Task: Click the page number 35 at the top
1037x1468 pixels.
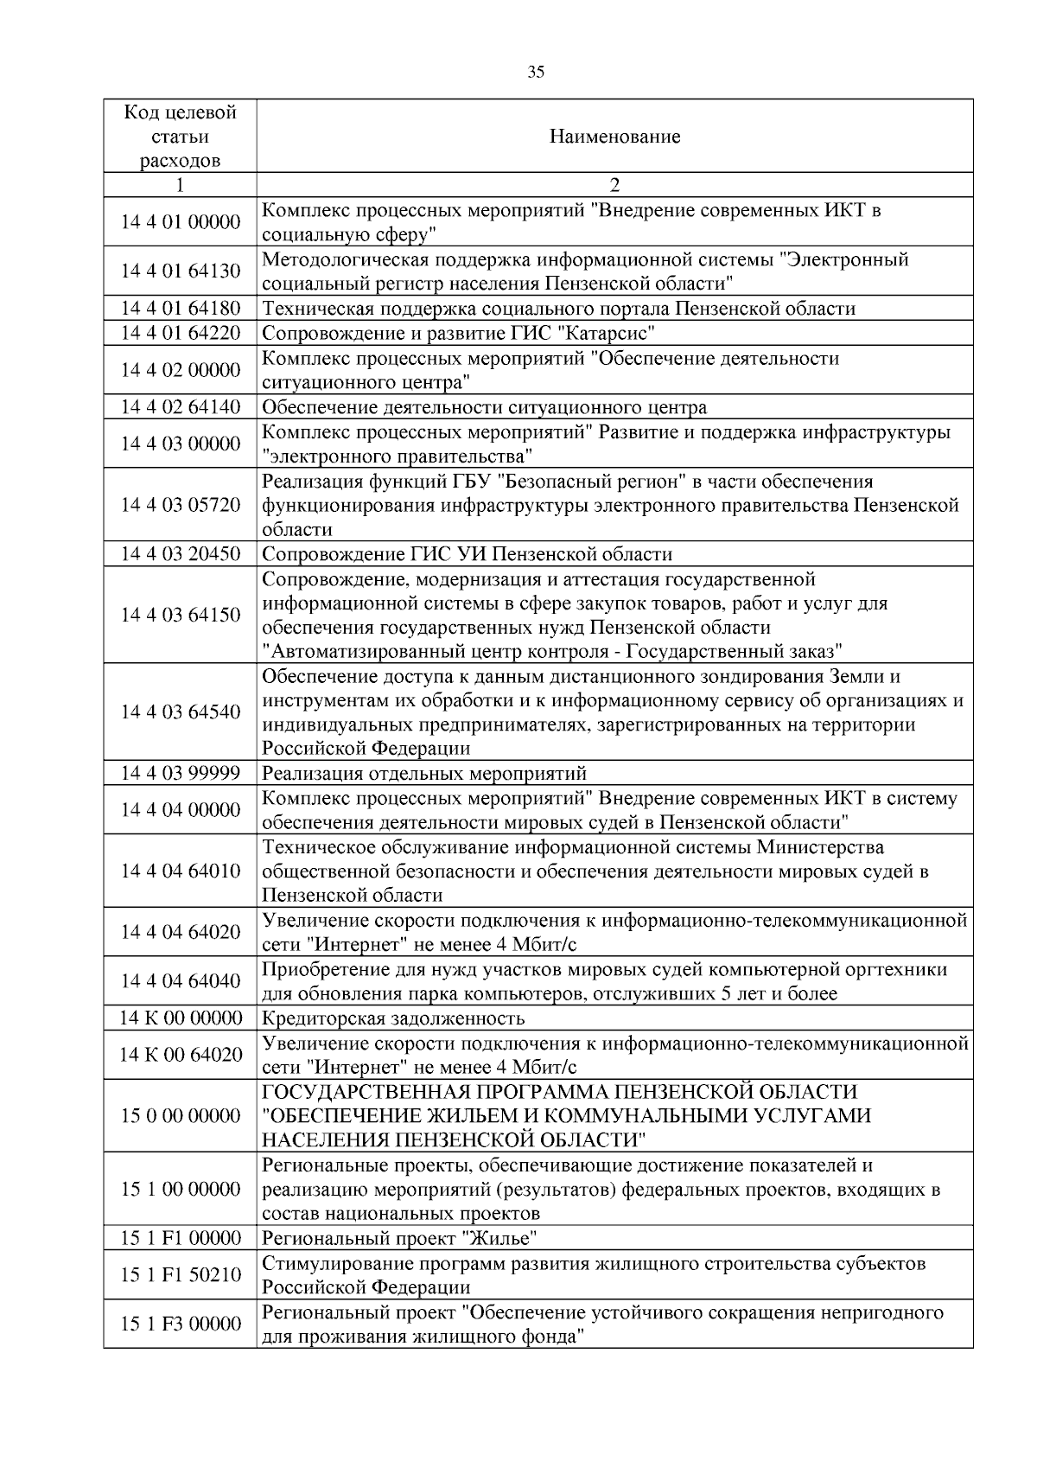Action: point(536,73)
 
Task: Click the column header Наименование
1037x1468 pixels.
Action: point(614,137)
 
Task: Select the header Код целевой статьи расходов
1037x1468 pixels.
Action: point(180,137)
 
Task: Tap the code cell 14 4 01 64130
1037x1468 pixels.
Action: point(180,271)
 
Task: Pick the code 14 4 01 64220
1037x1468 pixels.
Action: point(180,333)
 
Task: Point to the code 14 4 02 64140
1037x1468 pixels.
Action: point(180,407)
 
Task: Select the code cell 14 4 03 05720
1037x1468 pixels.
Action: point(180,505)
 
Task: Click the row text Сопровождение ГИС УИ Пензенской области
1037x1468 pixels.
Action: point(467,554)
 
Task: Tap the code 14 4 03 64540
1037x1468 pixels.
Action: point(180,712)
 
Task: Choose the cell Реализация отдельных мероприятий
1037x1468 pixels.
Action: point(424,774)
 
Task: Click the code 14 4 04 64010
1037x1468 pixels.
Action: point(180,871)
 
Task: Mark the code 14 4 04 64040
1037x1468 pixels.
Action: point(180,981)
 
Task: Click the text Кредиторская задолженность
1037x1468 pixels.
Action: point(393,1018)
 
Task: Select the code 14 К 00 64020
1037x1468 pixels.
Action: point(180,1055)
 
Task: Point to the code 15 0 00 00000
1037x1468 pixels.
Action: point(180,1116)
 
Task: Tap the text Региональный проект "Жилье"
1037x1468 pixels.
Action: point(399,1239)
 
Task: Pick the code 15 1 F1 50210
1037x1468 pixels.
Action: point(180,1275)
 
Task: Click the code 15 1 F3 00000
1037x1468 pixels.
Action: point(180,1324)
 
